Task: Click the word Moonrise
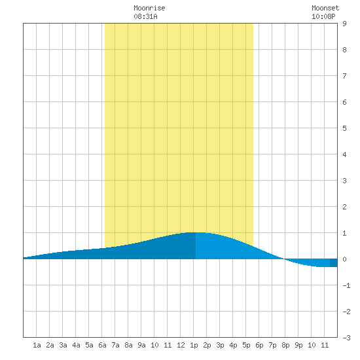tap(149, 8)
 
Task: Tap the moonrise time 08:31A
tap(145, 16)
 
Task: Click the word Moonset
tap(325, 8)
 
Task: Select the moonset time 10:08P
tap(323, 16)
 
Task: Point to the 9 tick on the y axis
tap(344, 24)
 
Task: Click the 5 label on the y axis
tap(344, 128)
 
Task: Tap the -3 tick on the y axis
tap(346, 338)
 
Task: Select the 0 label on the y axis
tap(344, 259)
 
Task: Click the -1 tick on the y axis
tap(346, 285)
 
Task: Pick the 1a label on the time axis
tap(37, 345)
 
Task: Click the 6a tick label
tap(102, 345)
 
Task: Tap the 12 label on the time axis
tap(181, 345)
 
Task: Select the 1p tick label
tap(194, 345)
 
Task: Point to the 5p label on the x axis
tap(246, 345)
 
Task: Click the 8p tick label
tap(285, 345)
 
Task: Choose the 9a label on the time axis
tap(141, 345)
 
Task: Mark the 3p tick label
tap(220, 345)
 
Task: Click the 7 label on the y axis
tap(344, 76)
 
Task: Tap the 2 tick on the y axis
tap(344, 207)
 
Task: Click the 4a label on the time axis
tap(76, 345)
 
